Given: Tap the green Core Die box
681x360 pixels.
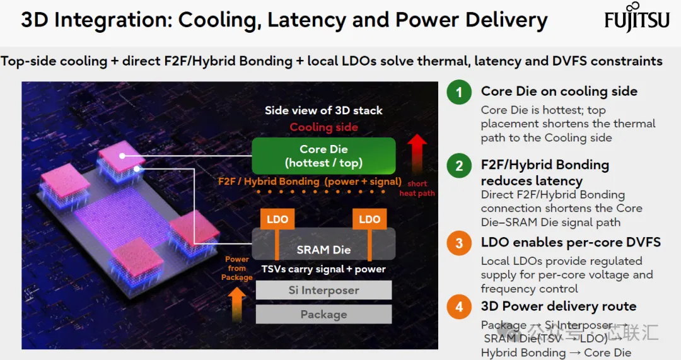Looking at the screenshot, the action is pos(323,156).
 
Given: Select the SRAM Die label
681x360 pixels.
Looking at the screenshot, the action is pos(323,250).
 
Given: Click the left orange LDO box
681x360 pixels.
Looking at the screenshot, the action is pos(277,219).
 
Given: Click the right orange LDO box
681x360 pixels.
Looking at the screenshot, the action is pos(370,219).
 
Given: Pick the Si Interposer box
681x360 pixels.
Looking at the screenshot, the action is pos(323,290).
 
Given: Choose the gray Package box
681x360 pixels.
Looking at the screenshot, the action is pos(323,315).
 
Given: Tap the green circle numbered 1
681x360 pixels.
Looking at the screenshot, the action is pos(459,92).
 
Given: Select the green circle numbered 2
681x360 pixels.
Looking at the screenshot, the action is pos(459,165).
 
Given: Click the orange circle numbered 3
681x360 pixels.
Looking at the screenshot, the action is pos(459,243).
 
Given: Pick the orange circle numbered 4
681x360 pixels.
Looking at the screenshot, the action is pos(459,307).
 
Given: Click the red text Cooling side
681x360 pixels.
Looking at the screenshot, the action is pos(324,127).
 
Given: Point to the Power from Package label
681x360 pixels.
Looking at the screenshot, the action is pos(236,269).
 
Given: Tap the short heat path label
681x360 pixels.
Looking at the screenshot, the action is pos(417,189).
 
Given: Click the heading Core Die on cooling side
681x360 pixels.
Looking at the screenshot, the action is pos(559,91).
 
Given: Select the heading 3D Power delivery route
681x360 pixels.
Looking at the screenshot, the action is pos(559,306).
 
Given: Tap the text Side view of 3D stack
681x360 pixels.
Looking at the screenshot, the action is pos(323,110).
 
